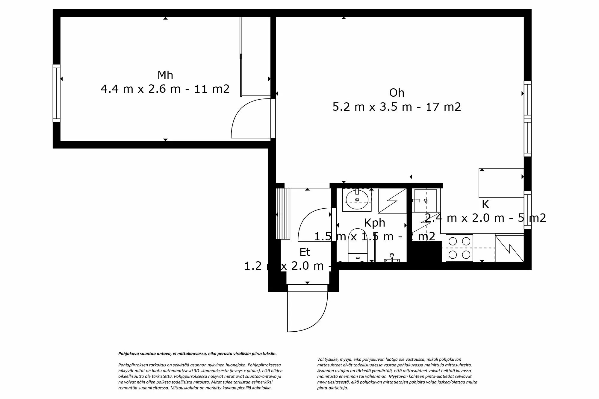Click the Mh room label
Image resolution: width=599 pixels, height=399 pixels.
165,75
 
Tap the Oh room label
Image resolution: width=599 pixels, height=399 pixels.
397,93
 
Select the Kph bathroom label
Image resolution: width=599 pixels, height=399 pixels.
374,223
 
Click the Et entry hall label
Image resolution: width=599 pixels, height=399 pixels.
305,252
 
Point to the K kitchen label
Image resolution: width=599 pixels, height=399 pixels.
485,204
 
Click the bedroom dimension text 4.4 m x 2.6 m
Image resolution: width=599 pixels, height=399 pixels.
165,89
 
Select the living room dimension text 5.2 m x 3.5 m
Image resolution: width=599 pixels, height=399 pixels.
397,107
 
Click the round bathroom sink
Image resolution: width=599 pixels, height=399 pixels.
357,200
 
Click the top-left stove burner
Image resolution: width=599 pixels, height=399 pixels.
453,241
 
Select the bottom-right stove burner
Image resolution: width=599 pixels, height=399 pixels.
466,255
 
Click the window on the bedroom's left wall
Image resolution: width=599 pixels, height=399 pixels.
56,93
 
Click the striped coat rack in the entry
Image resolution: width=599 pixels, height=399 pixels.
283,214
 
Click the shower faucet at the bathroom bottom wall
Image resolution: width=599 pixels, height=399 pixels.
391,258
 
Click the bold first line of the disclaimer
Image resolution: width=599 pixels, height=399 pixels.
197,354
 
